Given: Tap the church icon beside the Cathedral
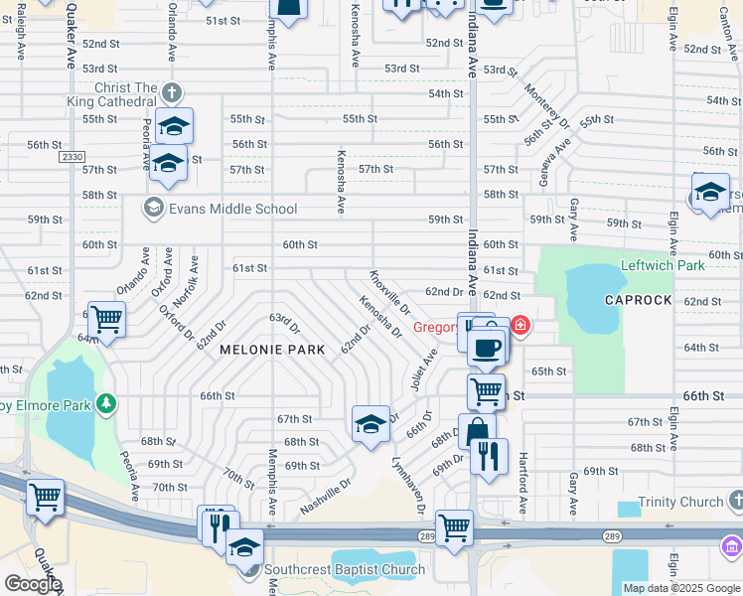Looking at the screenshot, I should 172,93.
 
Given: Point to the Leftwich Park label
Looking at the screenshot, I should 663,265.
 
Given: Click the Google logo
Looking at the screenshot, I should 33,584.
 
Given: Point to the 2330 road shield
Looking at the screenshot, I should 72,157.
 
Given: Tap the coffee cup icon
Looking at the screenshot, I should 487,348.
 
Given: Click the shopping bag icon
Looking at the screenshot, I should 477,431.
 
